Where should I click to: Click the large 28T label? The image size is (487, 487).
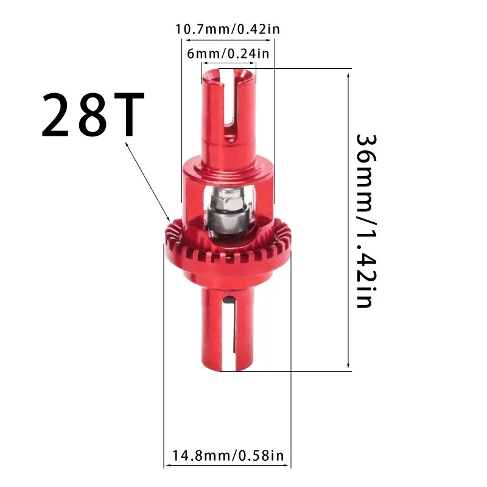click(93, 114)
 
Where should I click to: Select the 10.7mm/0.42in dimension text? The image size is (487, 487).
click(228, 29)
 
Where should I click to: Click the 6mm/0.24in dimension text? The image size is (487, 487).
click(228, 54)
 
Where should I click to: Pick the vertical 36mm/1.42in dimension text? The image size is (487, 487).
click(364, 220)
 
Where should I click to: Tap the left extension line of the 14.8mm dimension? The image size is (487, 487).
click(164, 365)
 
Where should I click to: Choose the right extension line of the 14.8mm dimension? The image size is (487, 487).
click(291, 365)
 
